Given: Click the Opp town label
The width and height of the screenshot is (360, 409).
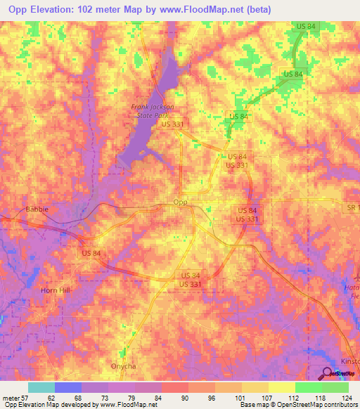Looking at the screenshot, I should point(181,202).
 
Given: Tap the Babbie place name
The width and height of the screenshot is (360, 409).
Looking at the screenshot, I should point(37,209).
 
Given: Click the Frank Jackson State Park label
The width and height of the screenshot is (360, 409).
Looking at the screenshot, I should point(152,110).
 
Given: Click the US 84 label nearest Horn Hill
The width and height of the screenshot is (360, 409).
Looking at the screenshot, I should point(92,252).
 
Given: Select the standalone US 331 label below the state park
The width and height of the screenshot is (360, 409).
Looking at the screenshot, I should point(173,124).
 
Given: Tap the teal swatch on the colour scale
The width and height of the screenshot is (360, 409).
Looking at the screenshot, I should point(41,387).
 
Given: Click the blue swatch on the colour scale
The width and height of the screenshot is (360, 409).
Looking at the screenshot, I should point(68,387).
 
